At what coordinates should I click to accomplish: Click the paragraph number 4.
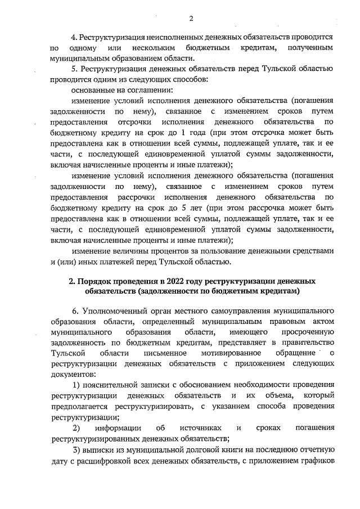pyautogui.click(x=75, y=37)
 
